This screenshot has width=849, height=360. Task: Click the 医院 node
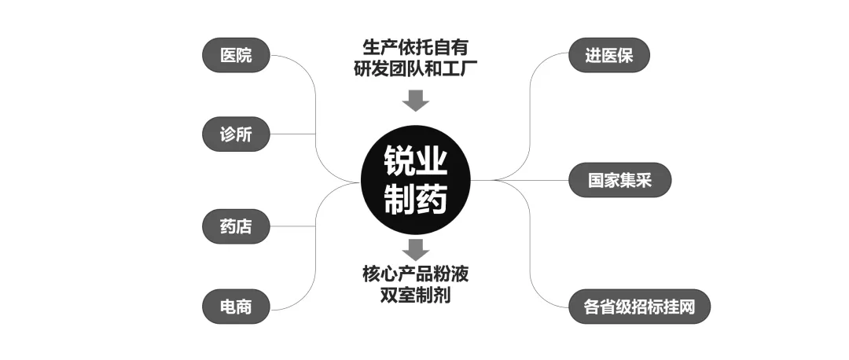click(x=236, y=56)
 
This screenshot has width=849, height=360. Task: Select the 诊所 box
click(x=236, y=134)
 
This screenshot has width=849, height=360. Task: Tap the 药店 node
click(x=236, y=226)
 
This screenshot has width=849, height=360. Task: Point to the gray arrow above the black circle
click(x=415, y=100)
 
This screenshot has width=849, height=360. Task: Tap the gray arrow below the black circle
click(x=415, y=250)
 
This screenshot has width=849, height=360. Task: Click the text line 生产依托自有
click(x=415, y=46)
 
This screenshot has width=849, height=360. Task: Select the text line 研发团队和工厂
click(x=415, y=68)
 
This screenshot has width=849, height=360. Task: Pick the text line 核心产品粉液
click(x=415, y=275)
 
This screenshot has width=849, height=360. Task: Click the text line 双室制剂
click(x=415, y=297)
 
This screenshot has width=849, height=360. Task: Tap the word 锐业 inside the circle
click(x=415, y=163)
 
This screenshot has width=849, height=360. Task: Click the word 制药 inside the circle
click(x=415, y=200)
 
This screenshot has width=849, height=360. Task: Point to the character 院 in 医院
click(x=244, y=56)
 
